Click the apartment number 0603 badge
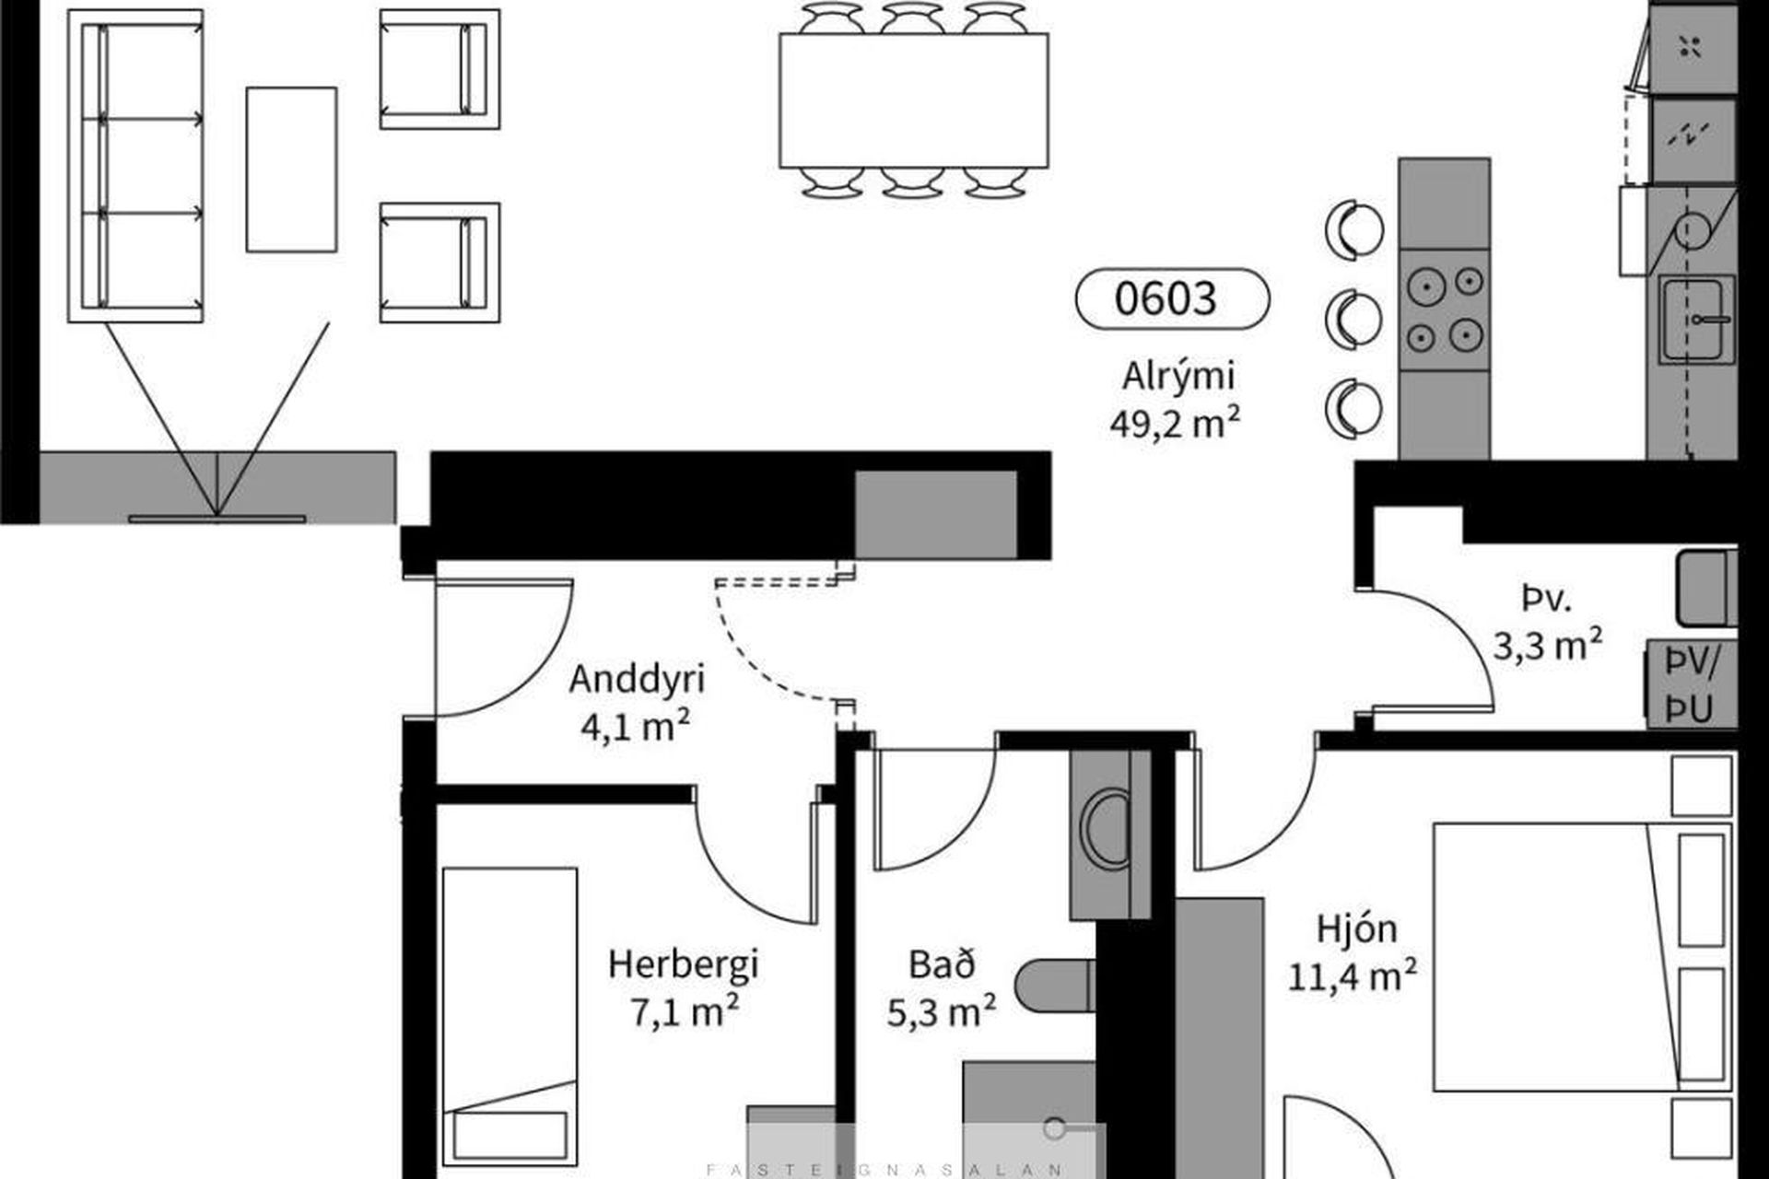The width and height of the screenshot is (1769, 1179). pyautogui.click(x=1172, y=298)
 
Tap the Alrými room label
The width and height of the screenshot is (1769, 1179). pyautogui.click(x=1178, y=377)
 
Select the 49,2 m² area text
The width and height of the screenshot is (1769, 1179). pyautogui.click(x=1175, y=424)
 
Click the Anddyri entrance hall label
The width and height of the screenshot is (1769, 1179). pyautogui.click(x=637, y=680)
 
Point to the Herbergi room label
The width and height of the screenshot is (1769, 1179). pyautogui.click(x=683, y=965)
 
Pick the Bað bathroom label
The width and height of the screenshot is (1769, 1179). pyautogui.click(x=942, y=964)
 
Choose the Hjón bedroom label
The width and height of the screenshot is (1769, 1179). pyautogui.click(x=1356, y=929)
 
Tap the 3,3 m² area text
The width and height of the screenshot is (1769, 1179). pyautogui.click(x=1547, y=645)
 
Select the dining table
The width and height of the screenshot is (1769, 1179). pyautogui.click(x=913, y=100)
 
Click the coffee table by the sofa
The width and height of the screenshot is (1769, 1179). pyautogui.click(x=291, y=169)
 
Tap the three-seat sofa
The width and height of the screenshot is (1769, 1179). pyautogui.click(x=135, y=166)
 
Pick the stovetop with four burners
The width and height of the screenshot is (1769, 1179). pyautogui.click(x=1444, y=309)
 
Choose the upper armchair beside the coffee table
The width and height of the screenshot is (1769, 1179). pyautogui.click(x=439, y=69)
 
